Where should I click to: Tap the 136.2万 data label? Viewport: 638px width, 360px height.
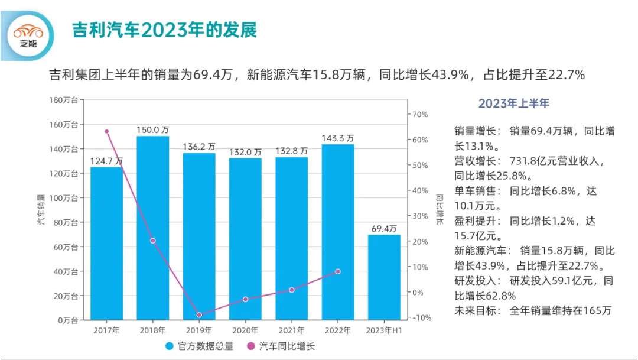tap(199, 147)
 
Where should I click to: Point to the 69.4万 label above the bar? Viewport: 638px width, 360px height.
tap(384, 228)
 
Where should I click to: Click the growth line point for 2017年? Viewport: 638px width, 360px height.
tap(107, 131)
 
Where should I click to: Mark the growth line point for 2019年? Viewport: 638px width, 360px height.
tap(199, 315)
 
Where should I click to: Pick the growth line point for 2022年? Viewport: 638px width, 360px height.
tap(338, 271)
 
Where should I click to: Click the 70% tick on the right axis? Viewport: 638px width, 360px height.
tap(419, 114)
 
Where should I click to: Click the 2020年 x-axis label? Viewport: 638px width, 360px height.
tap(245, 330)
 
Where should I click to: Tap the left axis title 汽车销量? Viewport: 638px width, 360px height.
tap(41, 210)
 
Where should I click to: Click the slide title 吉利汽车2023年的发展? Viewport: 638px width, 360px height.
tap(164, 31)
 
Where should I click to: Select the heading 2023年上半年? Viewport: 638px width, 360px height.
tap(513, 103)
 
